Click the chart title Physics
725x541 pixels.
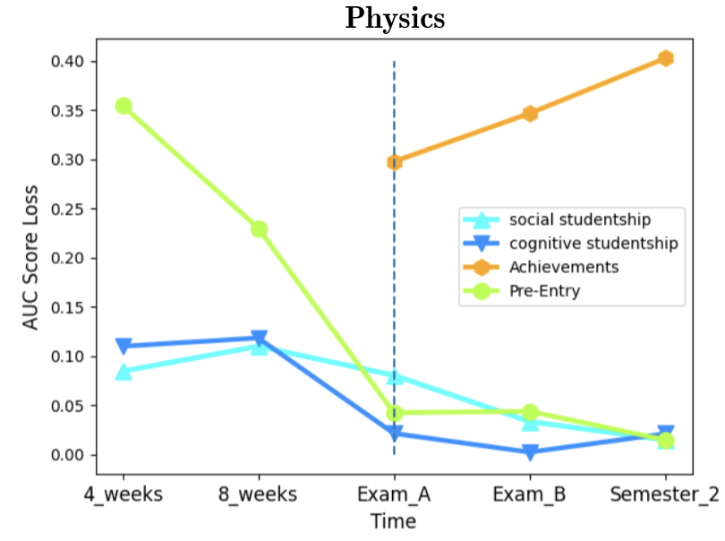pos(395,19)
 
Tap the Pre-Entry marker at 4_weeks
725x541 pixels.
pos(124,106)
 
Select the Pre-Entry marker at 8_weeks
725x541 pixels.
pos(259,228)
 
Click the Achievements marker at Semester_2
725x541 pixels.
pos(665,58)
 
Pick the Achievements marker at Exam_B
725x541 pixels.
pos(530,114)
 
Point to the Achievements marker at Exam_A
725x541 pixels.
pos(395,162)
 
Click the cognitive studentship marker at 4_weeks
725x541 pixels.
pos(124,347)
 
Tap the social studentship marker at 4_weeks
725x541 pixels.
pos(124,372)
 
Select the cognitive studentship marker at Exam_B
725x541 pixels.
pos(530,452)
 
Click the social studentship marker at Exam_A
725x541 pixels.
pos(395,376)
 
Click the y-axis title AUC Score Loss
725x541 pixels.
pos(30,258)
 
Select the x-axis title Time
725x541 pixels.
pos(394,521)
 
